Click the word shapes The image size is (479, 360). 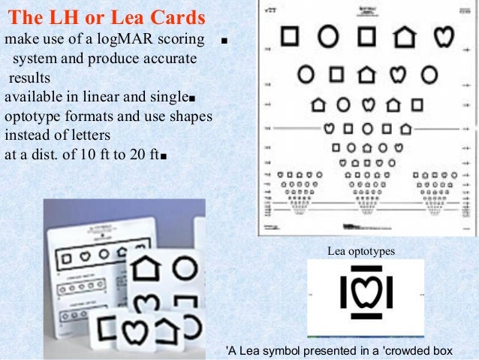pyautogui.click(x=191, y=117)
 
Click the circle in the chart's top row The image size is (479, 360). pyautogui.click(x=328, y=35)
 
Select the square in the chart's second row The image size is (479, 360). pyautogui.click(x=337, y=74)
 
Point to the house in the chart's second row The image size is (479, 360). pyautogui.click(x=366, y=74)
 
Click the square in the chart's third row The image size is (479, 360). pyautogui.click(x=417, y=104)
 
